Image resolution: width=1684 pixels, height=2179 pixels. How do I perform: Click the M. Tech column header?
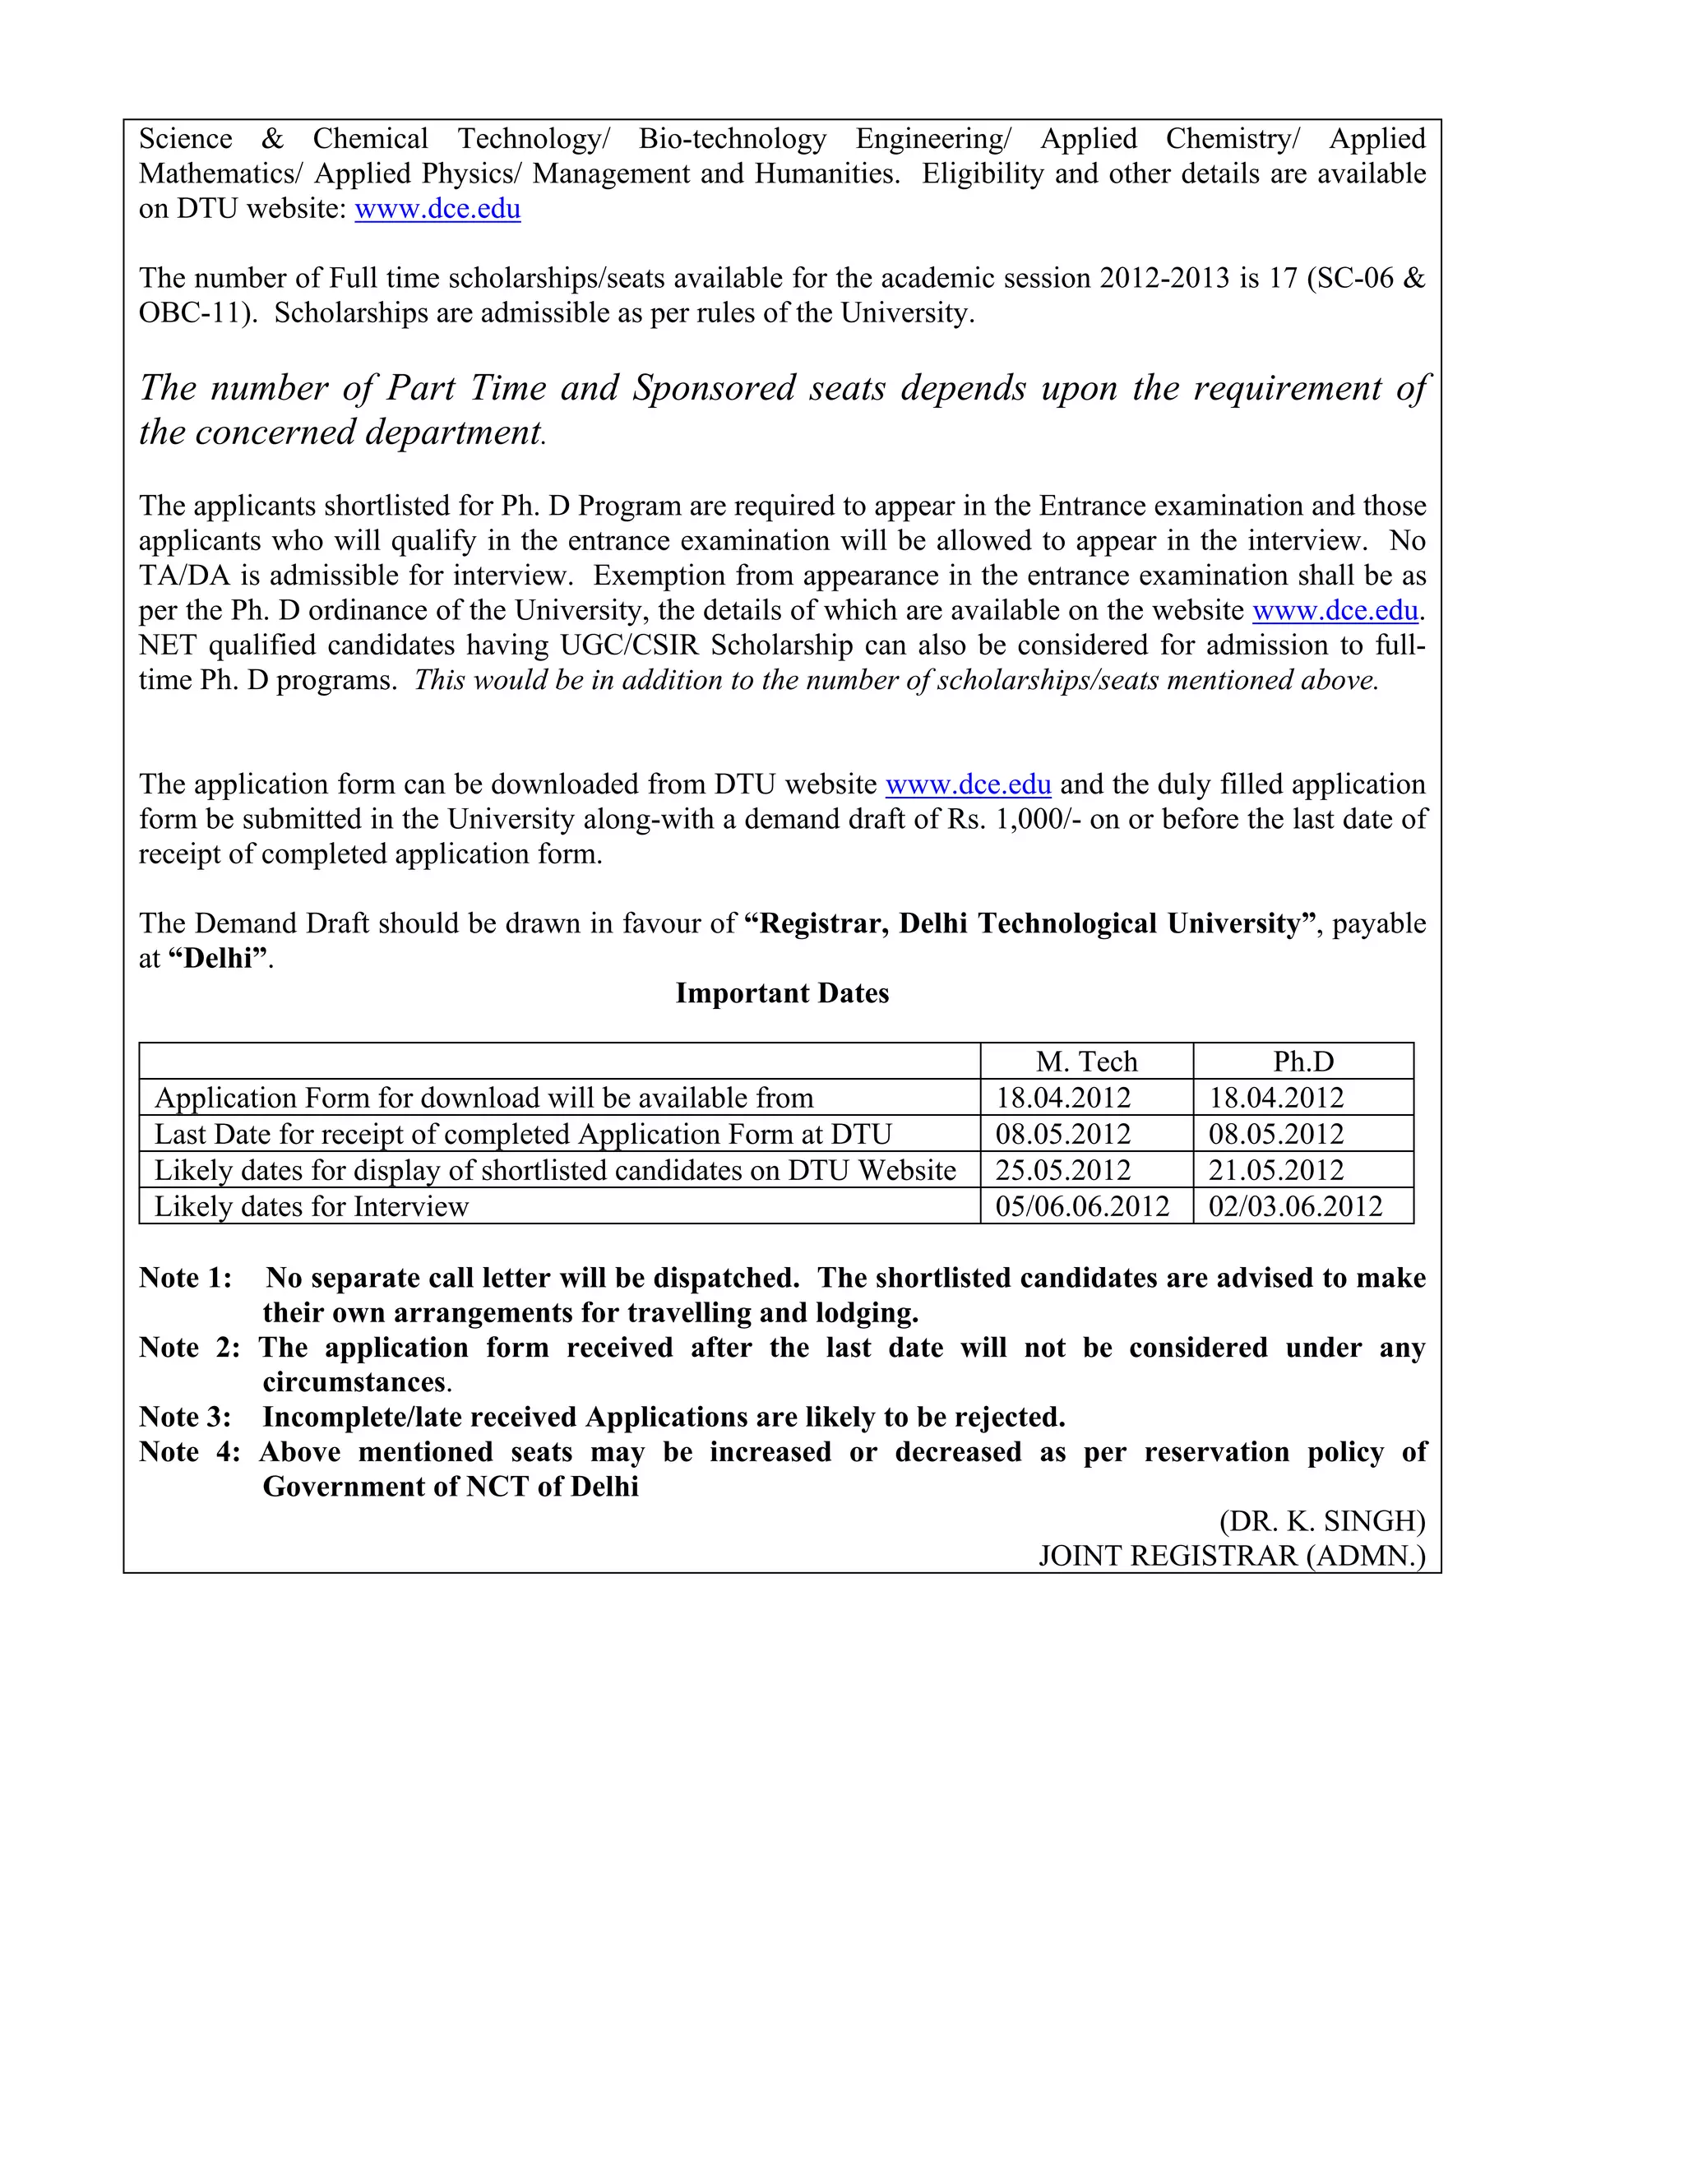point(1086,1062)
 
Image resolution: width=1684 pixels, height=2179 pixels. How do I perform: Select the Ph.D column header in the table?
point(1303,1062)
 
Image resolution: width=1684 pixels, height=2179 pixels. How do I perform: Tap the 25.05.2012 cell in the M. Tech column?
point(1062,1170)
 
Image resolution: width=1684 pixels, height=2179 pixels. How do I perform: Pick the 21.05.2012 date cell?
point(1276,1170)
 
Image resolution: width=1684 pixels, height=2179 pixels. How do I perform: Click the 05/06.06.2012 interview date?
point(1081,1206)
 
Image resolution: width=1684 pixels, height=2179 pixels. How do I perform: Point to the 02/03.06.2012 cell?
point(1295,1206)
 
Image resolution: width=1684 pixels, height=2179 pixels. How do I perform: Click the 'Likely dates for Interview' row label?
point(312,1206)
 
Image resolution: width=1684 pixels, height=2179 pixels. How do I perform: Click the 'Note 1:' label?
point(186,1278)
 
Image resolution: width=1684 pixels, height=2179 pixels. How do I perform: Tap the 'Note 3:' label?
point(186,1417)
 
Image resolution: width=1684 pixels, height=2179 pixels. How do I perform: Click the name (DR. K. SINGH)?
point(1322,1520)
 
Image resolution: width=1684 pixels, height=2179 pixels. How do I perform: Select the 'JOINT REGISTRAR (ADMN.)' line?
point(1232,1556)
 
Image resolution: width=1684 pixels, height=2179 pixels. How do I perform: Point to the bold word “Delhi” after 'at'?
point(220,958)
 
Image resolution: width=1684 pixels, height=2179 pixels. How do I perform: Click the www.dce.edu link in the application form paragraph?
point(968,784)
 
